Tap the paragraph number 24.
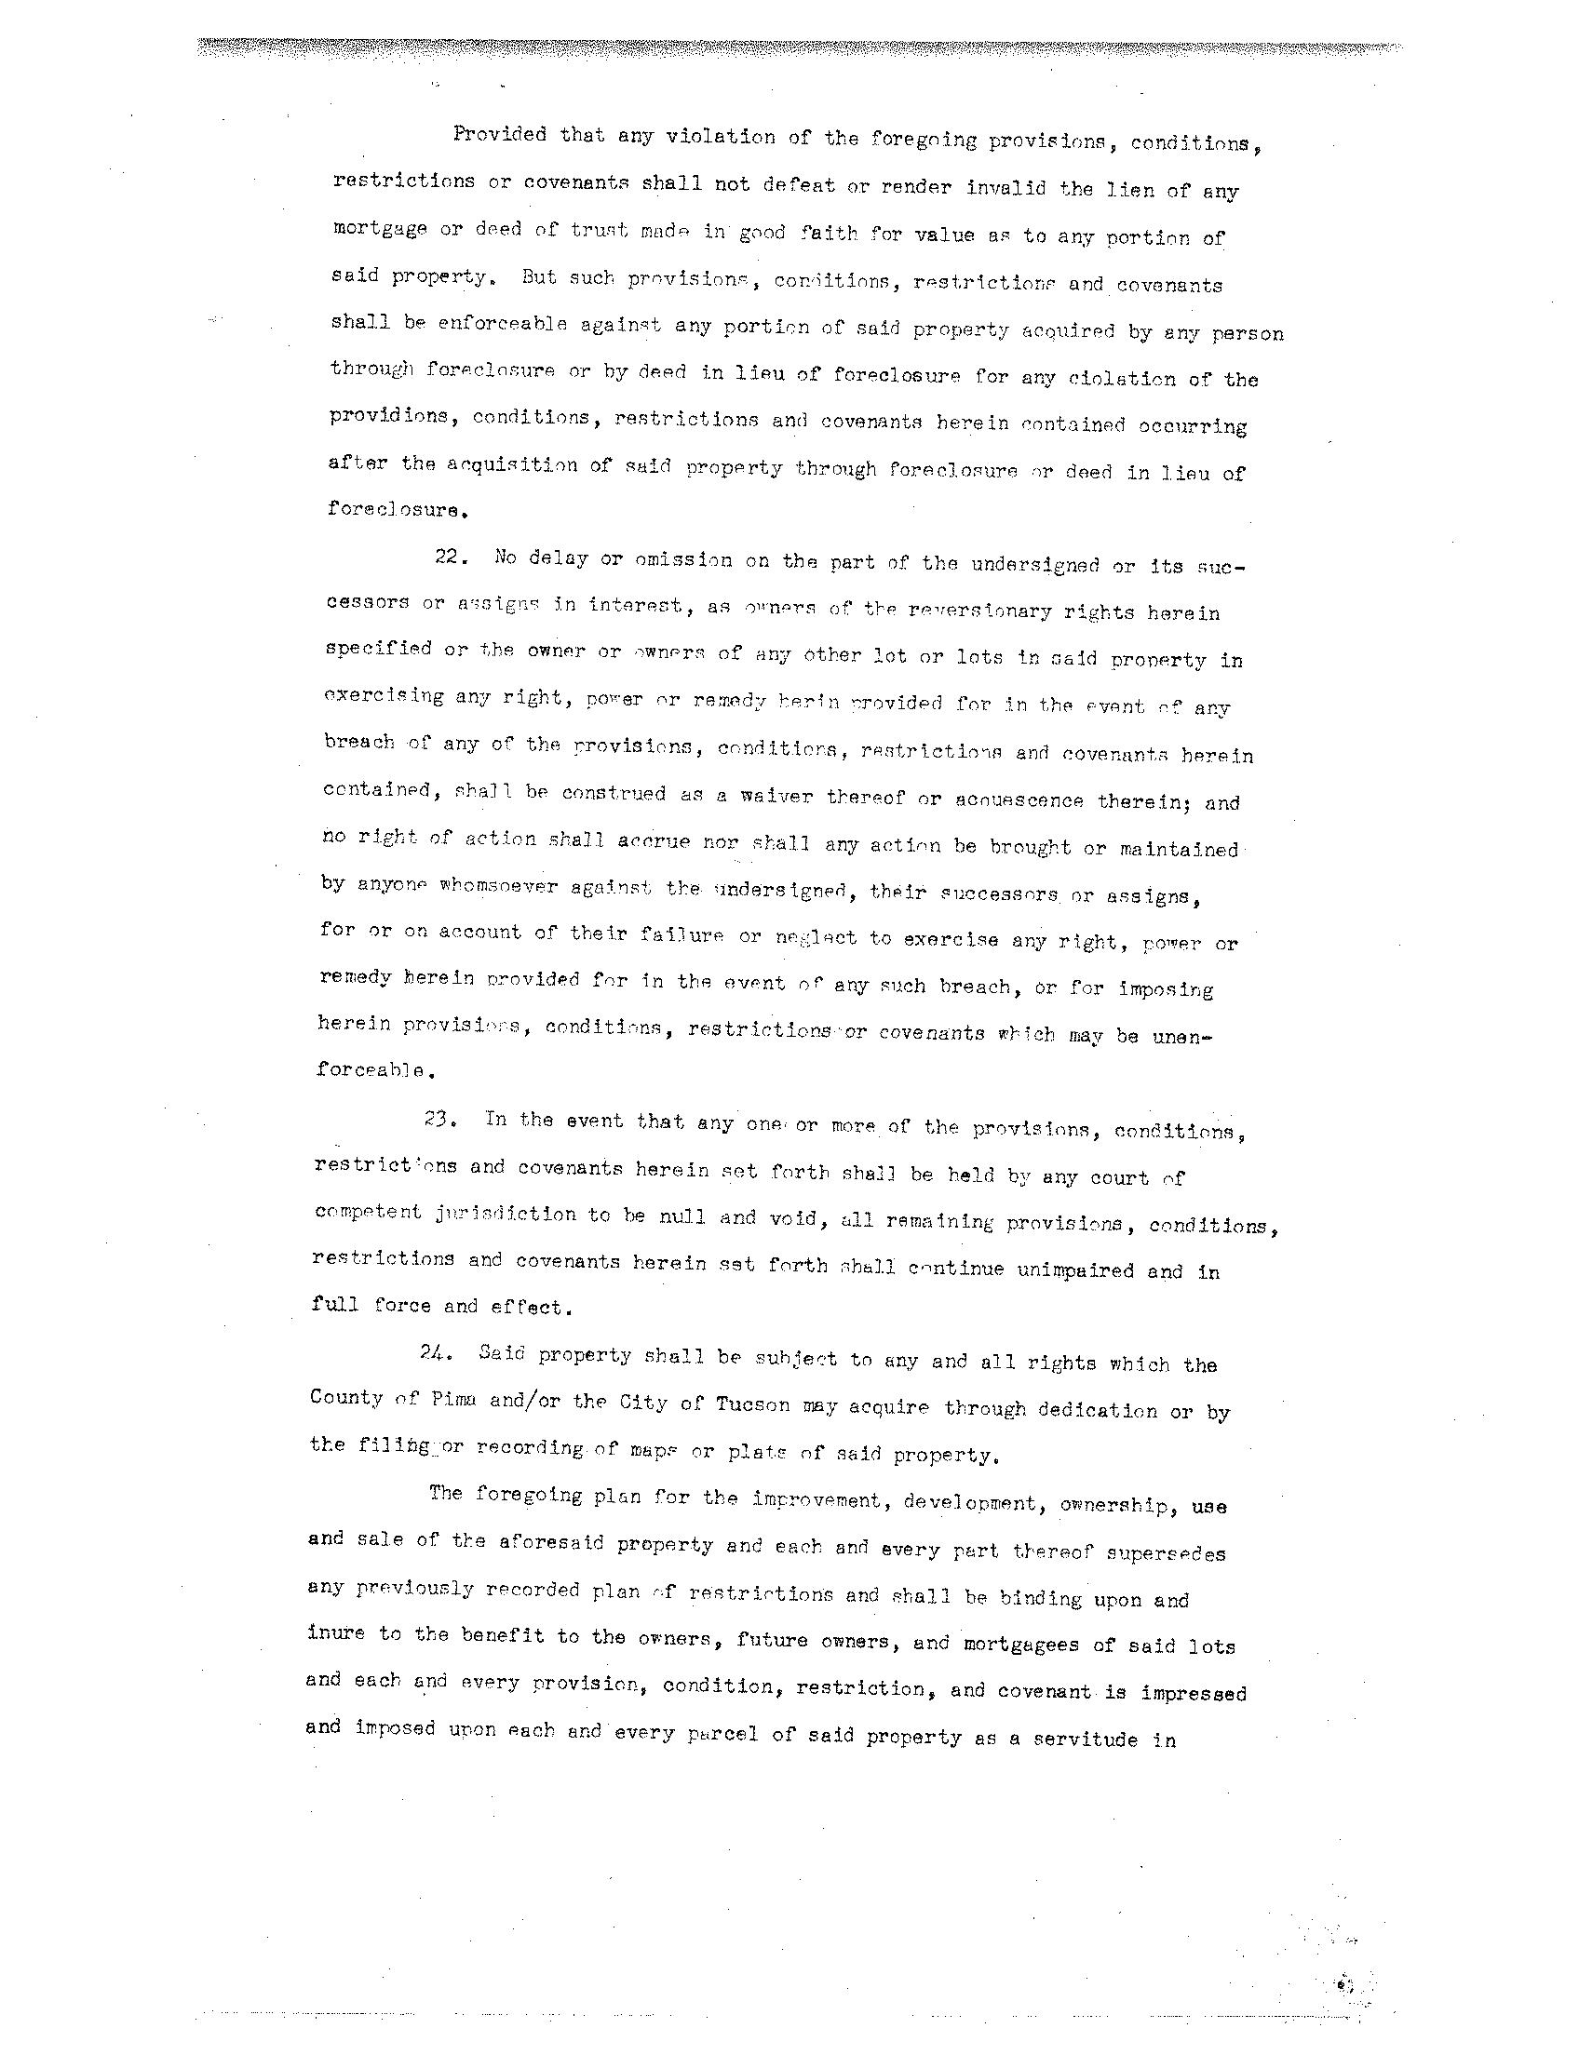pyautogui.click(x=434, y=1353)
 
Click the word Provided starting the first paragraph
pyautogui.click(x=499, y=134)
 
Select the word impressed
pyautogui.click(x=1193, y=1692)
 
